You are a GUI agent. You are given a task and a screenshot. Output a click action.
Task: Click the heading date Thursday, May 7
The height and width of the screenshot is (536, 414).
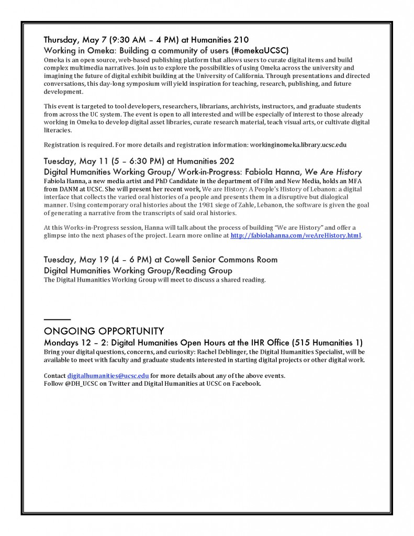click(74, 39)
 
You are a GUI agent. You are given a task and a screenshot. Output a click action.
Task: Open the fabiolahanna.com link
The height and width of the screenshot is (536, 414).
click(296, 236)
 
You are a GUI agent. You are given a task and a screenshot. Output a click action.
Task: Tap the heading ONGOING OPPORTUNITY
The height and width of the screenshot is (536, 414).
click(104, 331)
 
